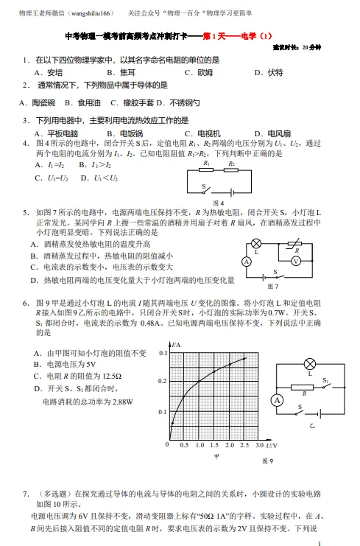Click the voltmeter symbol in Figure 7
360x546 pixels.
pos(296,261)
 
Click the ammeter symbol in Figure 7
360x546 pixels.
pos(247,262)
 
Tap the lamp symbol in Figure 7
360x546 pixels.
pos(257,243)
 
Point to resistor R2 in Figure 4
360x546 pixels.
pos(233,169)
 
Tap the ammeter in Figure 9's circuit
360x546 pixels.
pos(277,400)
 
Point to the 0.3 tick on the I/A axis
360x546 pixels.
pos(163,353)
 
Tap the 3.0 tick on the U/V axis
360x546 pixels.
pos(260,446)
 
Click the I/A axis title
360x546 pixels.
pos(176,345)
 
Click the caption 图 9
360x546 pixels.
pos(267,462)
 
